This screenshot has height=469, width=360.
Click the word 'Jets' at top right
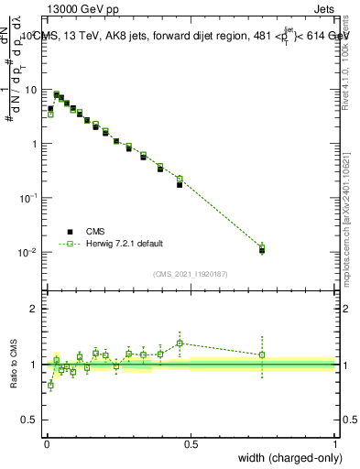(322, 11)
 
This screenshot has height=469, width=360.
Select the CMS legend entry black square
(70, 231)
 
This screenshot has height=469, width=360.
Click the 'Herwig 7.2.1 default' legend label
(125, 244)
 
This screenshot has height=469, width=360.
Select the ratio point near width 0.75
(262, 354)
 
